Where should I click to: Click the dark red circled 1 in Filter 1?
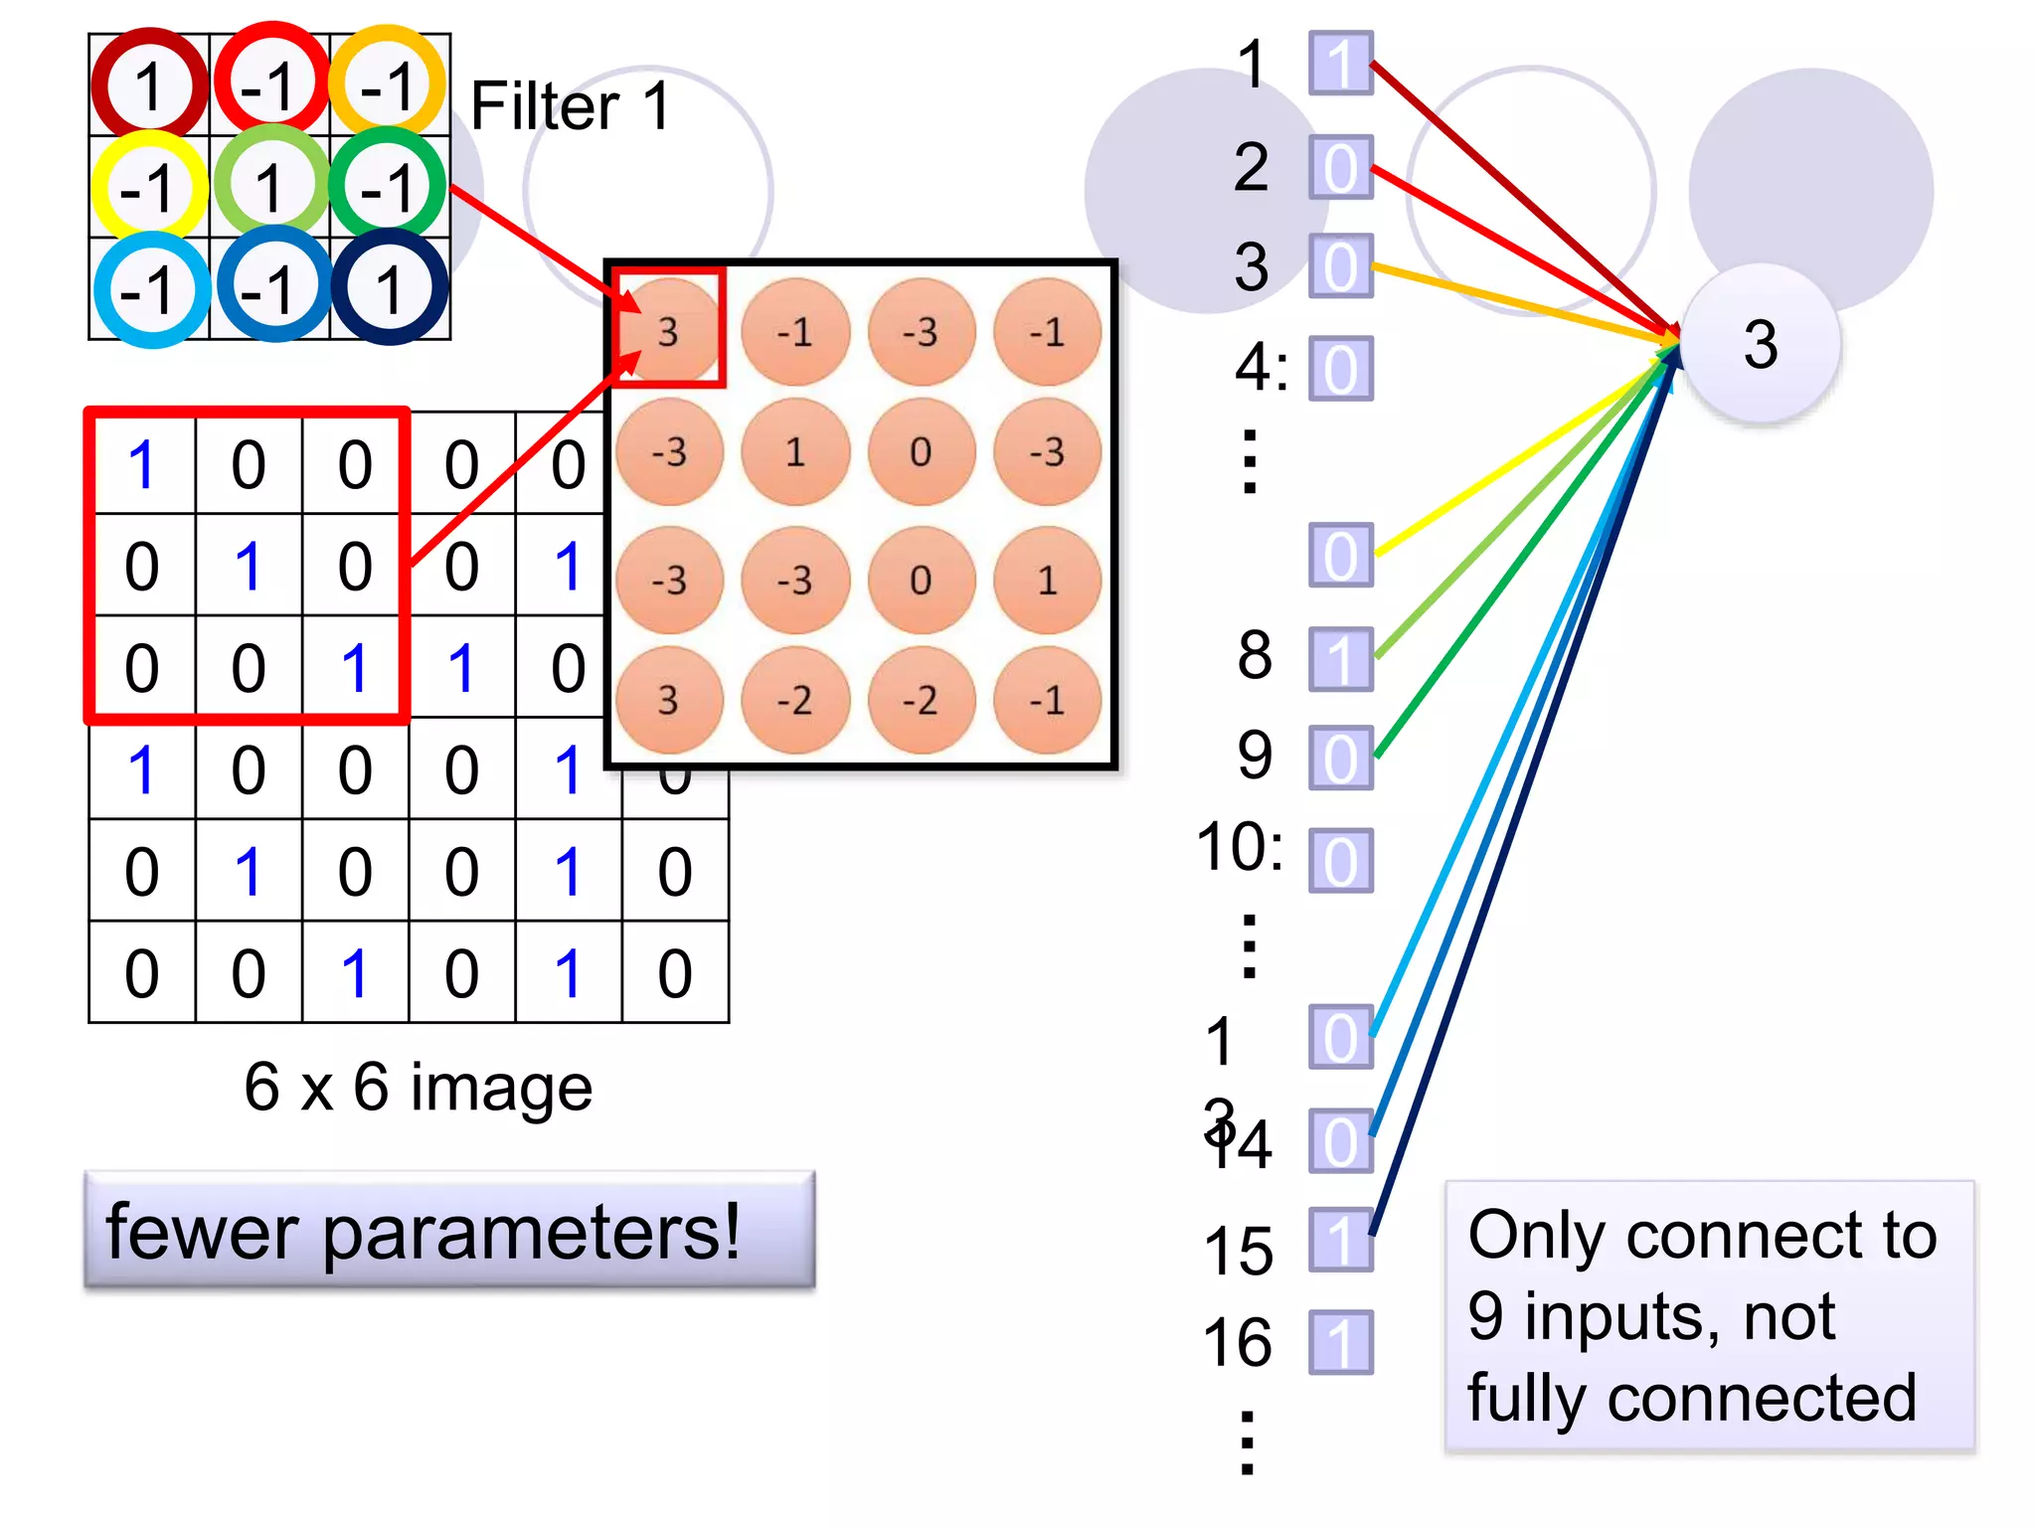click(149, 85)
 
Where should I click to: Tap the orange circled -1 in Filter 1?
click(388, 85)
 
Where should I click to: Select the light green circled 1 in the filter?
click(269, 186)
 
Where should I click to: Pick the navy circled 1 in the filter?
click(389, 288)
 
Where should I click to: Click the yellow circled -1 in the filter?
click(149, 187)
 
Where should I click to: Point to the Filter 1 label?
click(571, 105)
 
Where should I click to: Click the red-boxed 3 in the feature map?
click(668, 330)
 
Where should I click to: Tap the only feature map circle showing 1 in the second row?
click(795, 452)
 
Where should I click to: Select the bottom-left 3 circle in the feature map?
click(668, 700)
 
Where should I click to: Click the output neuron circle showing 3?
click(1760, 345)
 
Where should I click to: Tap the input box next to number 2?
click(1340, 167)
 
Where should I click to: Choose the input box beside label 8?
click(1340, 658)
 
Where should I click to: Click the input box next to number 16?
click(1340, 1342)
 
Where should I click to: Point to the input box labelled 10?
click(1340, 860)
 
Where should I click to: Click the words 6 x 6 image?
click(418, 1087)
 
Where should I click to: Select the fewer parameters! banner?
click(449, 1231)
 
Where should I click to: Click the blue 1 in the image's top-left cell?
click(142, 464)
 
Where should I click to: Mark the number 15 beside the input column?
click(1238, 1250)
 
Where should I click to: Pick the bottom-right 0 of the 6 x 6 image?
click(675, 972)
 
